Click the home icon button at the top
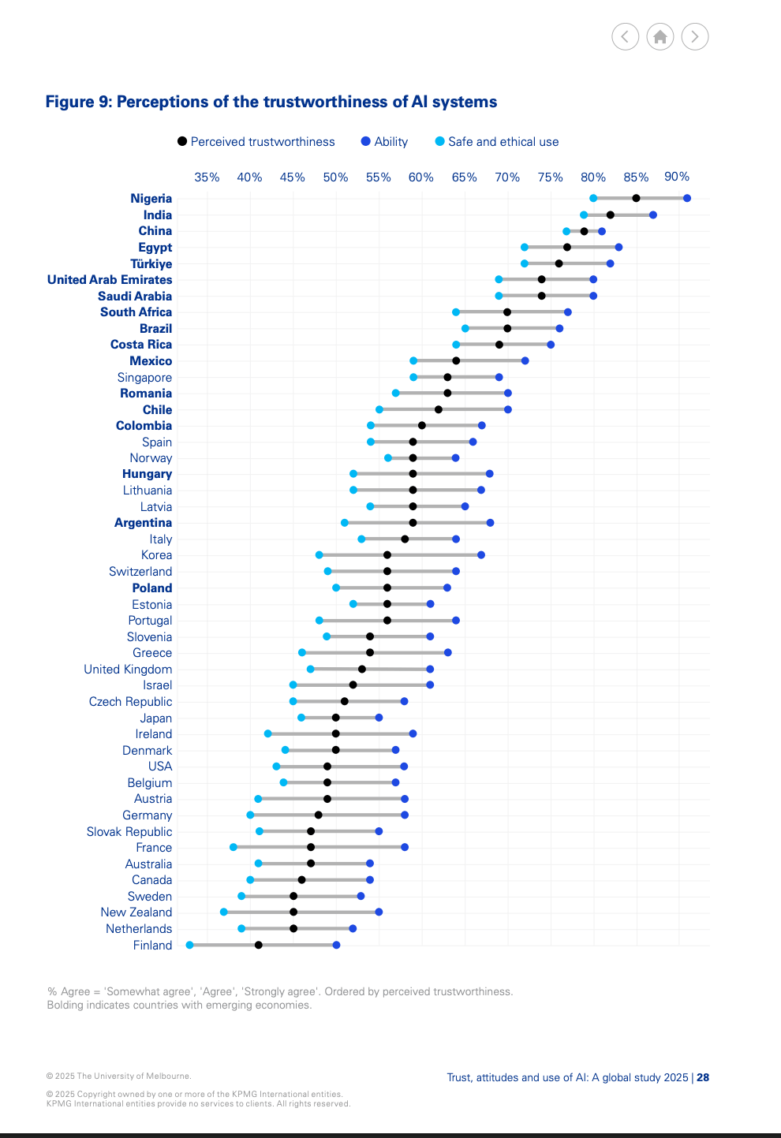click(x=660, y=36)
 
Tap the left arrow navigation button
click(x=626, y=36)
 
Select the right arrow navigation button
click(x=695, y=36)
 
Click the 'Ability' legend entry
click(x=384, y=142)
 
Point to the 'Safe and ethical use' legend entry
click(x=497, y=142)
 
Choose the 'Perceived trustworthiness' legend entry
click(x=256, y=142)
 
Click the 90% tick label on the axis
click(x=677, y=177)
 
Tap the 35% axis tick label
click(x=207, y=177)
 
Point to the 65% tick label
click(x=464, y=177)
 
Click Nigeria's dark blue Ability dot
click(x=687, y=199)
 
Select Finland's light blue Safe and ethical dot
click(x=189, y=945)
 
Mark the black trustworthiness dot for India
click(x=611, y=215)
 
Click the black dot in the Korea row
click(x=387, y=555)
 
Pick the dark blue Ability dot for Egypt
click(x=619, y=248)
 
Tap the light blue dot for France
click(x=234, y=847)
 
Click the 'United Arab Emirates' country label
click(x=110, y=280)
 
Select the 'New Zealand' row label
click(x=136, y=912)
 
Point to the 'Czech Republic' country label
click(x=130, y=702)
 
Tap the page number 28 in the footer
click(x=703, y=1077)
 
